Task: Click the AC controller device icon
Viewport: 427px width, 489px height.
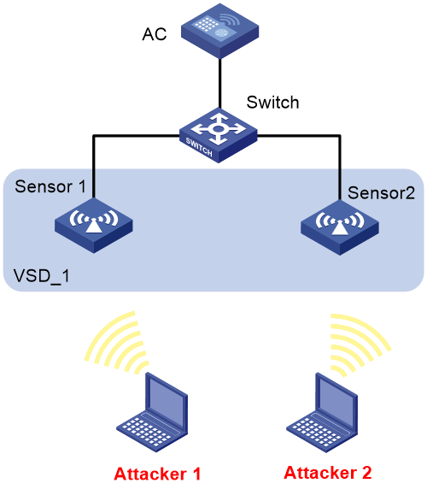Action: tap(219, 31)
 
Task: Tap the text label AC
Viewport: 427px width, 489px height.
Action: tap(155, 34)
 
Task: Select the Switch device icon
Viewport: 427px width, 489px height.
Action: tap(219, 135)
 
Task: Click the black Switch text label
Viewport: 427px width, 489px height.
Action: tap(272, 103)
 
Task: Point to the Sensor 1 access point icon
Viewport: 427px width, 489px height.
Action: tap(93, 226)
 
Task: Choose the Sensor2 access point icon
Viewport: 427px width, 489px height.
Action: tap(340, 227)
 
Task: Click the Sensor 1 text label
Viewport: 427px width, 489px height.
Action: tap(50, 186)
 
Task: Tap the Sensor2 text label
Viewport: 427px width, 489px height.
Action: tap(381, 192)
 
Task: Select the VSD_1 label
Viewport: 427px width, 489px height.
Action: tap(42, 276)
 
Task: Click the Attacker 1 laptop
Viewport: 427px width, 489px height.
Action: tap(152, 412)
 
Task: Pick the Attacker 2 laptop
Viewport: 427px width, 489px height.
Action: tap(322, 412)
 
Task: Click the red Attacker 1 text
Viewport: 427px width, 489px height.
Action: tap(157, 474)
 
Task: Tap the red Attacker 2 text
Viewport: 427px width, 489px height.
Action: tap(328, 472)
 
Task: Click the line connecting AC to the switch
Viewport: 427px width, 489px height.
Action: tap(219, 84)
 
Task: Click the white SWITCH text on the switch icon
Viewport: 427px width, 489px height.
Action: tap(199, 146)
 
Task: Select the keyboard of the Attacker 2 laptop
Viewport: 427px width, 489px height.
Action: tap(313, 430)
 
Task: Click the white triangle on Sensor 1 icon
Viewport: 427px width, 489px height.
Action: tap(93, 225)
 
